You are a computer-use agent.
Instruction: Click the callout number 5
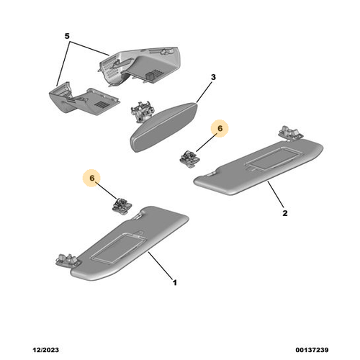tap(67, 36)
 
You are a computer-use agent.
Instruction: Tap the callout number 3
tap(213, 77)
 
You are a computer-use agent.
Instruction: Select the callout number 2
tap(285, 213)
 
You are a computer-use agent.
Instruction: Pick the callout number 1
tap(175, 282)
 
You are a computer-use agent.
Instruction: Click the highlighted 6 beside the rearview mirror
tap(220, 128)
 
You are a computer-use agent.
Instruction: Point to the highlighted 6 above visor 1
tap(92, 178)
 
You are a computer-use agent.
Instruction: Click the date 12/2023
tap(45, 350)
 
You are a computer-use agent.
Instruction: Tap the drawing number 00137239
tap(312, 350)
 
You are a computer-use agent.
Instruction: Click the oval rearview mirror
tap(163, 127)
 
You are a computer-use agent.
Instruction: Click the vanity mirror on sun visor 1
tap(119, 248)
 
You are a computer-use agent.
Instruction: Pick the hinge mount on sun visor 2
tap(291, 133)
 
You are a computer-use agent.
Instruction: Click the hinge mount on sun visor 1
tap(68, 260)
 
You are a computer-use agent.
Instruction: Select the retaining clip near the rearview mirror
tap(190, 158)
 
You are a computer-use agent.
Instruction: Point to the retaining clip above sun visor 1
tap(122, 206)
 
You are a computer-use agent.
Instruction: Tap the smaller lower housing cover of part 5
tap(84, 99)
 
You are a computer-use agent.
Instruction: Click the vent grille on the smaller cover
tap(101, 104)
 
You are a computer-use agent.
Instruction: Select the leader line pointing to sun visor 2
tap(276, 195)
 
